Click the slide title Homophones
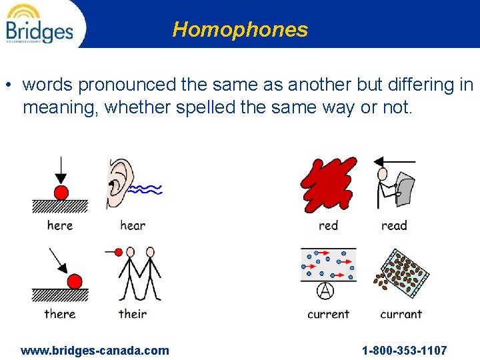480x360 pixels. pos(240,29)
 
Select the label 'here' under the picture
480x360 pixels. pos(60,225)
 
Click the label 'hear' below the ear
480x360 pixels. pos(133,225)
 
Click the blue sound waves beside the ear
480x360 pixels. pos(145,189)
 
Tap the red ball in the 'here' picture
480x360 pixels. pos(61,193)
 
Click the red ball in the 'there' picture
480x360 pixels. pos(75,281)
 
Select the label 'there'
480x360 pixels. pos(60,314)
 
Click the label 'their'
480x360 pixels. pos(133,314)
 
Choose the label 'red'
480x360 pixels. pos(328,225)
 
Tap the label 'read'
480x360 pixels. pos(394,225)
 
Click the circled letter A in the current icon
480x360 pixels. pos(325,291)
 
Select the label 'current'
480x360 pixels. pos(328,314)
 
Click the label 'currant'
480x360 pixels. pos(401,314)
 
